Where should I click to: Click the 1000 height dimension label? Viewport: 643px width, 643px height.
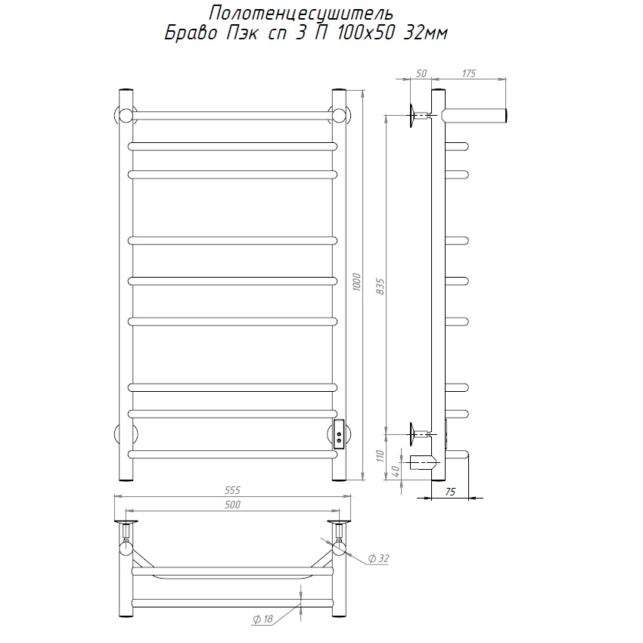tap(356, 282)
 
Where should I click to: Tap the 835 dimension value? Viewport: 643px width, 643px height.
tap(381, 287)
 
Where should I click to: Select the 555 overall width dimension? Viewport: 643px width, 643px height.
tap(232, 490)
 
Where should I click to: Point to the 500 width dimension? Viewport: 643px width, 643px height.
tap(232, 505)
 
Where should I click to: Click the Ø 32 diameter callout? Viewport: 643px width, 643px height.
tap(378, 558)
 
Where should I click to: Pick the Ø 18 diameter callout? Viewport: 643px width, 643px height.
tap(262, 619)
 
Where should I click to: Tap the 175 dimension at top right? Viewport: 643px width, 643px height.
tap(469, 73)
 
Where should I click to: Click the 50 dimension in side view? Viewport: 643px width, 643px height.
tap(421, 73)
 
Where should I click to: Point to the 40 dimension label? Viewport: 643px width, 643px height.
tap(396, 471)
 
